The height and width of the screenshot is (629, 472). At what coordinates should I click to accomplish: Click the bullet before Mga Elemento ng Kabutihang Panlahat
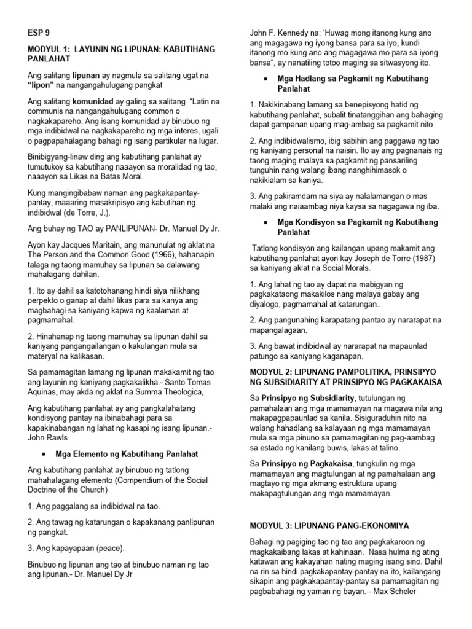click(45, 455)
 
